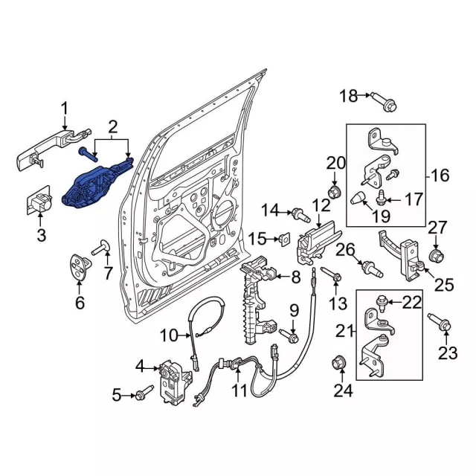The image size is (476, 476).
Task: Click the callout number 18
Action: pyautogui.click(x=348, y=95)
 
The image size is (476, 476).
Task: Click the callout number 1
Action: pyautogui.click(x=64, y=108)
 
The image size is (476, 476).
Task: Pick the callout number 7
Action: pyautogui.click(x=109, y=274)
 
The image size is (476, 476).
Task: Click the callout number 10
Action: pyautogui.click(x=169, y=335)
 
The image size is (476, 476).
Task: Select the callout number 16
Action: pyautogui.click(x=440, y=175)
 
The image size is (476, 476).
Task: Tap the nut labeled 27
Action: pyautogui.click(x=436, y=256)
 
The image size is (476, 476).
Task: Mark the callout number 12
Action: pyautogui.click(x=321, y=205)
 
